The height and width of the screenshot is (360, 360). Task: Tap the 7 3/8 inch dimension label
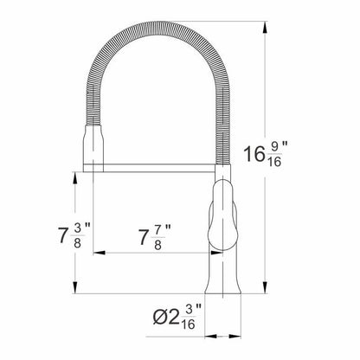coord(74,235)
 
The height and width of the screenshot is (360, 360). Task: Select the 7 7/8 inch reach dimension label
coord(155,237)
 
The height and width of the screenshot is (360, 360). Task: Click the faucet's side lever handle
coord(223,215)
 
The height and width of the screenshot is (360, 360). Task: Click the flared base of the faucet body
coord(222,284)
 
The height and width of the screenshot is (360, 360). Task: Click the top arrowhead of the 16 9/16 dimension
coord(265,27)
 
